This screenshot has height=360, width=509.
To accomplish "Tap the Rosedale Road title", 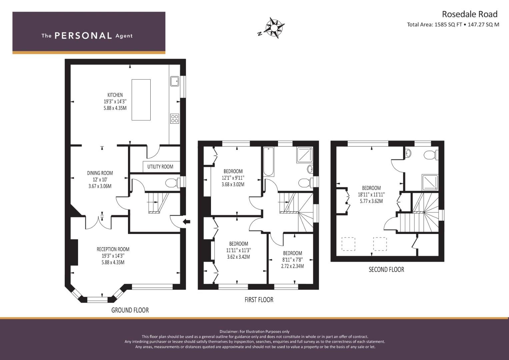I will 469,14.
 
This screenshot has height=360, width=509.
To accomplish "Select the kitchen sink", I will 174,81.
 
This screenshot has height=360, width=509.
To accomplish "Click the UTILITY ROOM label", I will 160,167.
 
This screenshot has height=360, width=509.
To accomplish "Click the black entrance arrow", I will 187,221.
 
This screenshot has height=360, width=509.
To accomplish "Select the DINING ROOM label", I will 100,173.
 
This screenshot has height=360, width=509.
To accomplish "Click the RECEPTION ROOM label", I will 113,249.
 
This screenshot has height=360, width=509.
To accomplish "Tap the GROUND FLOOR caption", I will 130,310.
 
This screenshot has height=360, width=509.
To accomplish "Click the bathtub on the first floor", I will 269,162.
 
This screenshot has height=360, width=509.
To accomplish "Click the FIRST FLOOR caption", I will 259,300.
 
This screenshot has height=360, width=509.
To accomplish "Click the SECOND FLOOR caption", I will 386,269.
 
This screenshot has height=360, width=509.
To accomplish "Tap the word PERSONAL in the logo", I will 83,36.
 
